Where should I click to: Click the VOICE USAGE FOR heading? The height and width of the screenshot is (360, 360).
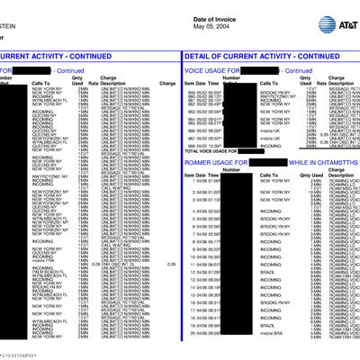pyautogui.click(x=213, y=68)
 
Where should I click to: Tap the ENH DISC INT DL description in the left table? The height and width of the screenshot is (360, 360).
pyautogui.click(x=122, y=263)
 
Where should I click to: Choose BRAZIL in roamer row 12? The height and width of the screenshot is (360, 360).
pyautogui.click(x=266, y=270)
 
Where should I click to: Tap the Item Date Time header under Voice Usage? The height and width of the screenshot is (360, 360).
pyautogui.click(x=206, y=84)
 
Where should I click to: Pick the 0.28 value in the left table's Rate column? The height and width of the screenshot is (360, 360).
pyautogui.click(x=96, y=263)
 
